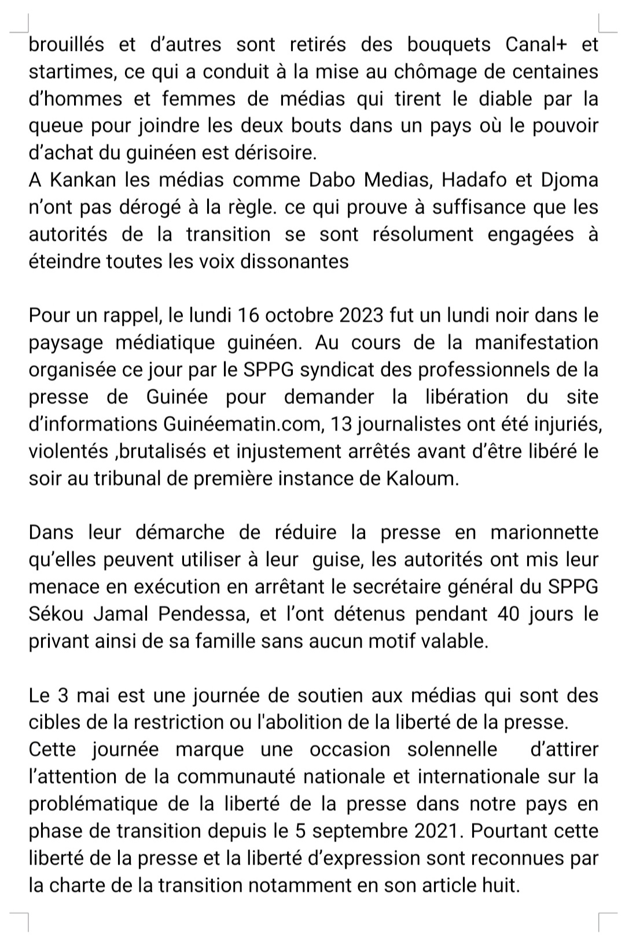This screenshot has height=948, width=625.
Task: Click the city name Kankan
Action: pyautogui.click(x=83, y=180)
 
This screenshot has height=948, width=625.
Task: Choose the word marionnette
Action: pyautogui.click(x=544, y=532)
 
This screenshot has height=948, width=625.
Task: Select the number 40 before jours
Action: pyautogui.click(x=509, y=614)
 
